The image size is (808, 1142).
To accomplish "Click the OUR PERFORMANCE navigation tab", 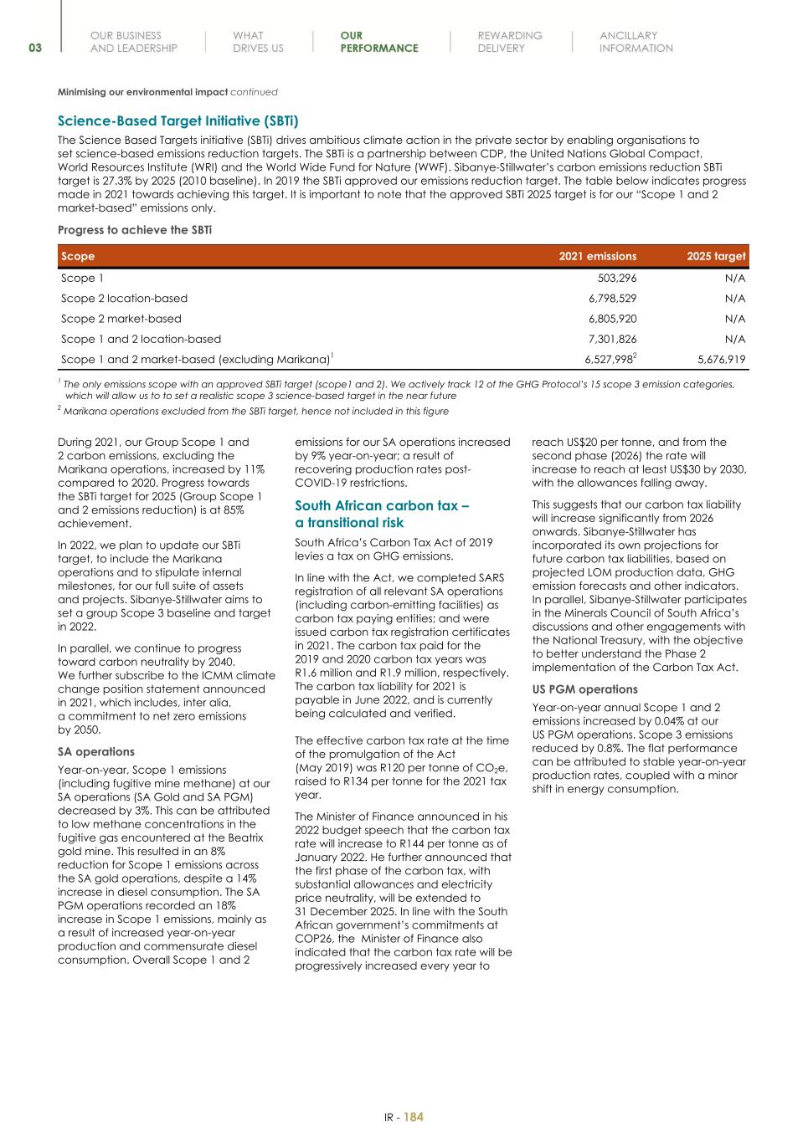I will tap(378, 42).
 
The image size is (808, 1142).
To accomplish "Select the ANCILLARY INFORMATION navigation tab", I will tap(636, 42).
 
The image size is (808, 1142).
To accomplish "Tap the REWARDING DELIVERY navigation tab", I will tap(509, 42).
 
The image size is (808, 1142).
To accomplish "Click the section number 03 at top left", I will tap(35, 48).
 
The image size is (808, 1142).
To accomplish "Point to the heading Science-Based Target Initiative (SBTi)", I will tap(178, 121).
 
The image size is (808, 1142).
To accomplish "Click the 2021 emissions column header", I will tap(597, 256).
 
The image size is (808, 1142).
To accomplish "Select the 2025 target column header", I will tap(716, 256).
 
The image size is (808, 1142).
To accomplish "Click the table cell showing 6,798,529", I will tap(612, 299).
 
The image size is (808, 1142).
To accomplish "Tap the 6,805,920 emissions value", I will tap(612, 319).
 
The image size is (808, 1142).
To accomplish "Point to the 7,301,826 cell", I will tap(612, 339).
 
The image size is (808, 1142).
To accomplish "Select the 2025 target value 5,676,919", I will tap(721, 360).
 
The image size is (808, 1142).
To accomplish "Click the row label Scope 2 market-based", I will tap(121, 319).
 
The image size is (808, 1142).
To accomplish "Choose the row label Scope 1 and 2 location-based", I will tap(141, 339).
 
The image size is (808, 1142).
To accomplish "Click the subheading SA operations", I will tap(95, 751).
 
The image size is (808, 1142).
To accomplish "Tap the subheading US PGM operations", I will tap(584, 689).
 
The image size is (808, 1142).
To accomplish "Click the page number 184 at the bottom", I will tap(414, 1117).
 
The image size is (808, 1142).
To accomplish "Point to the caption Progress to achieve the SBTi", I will tap(134, 229).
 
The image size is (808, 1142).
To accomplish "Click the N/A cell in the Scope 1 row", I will tap(734, 279).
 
